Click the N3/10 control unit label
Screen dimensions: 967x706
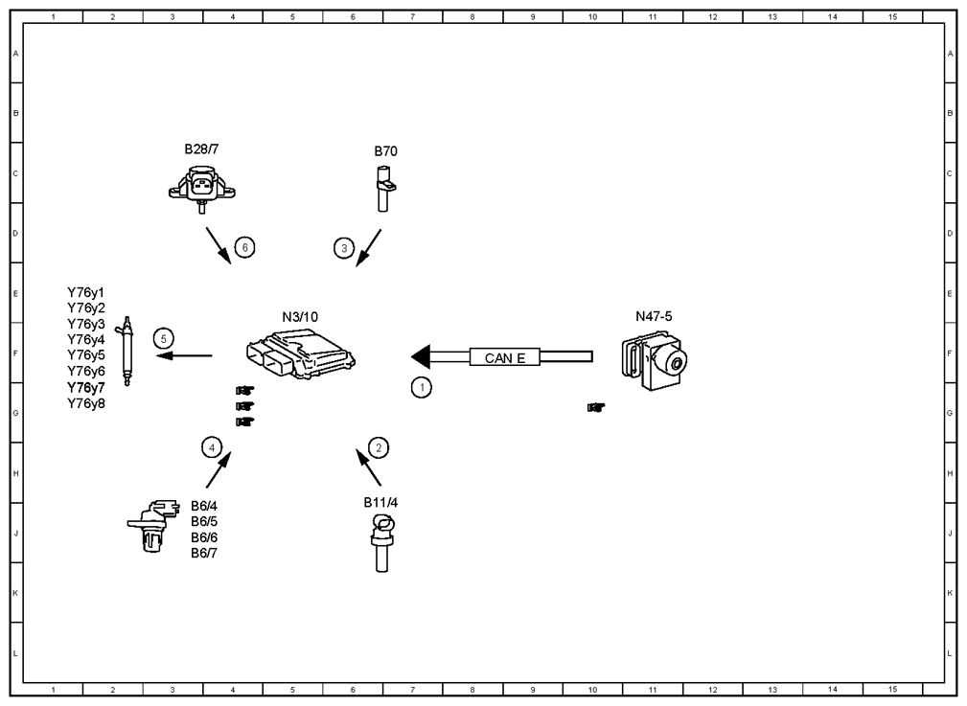coord(300,317)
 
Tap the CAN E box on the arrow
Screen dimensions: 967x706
coord(505,357)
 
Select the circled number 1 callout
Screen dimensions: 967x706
coord(422,387)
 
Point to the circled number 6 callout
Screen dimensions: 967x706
coord(244,247)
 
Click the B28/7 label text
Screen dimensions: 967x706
coord(201,149)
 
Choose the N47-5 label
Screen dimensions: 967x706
coord(654,316)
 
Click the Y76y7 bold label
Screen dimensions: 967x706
coord(85,387)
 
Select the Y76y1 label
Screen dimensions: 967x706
coord(85,292)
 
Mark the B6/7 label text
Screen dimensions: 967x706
coord(204,553)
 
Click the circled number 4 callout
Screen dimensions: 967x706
coord(212,447)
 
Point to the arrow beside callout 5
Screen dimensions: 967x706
coord(184,355)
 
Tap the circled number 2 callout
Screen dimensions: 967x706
coord(379,447)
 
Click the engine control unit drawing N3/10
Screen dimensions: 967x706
coord(301,353)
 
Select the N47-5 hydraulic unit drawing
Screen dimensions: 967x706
coord(655,362)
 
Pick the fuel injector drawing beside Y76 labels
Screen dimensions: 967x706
coord(127,351)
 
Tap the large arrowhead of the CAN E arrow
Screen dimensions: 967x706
coord(421,356)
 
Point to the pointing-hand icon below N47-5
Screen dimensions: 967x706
coord(596,407)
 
